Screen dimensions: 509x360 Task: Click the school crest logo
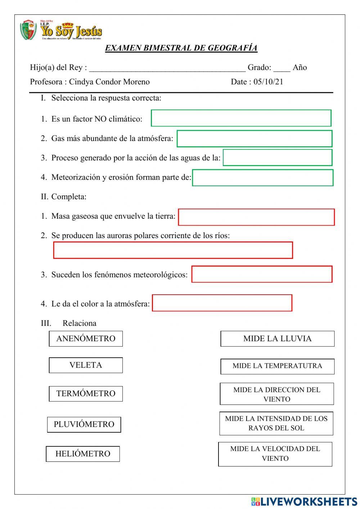28,30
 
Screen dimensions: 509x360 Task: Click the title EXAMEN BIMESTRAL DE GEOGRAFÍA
181,48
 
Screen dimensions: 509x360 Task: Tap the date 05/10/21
268,82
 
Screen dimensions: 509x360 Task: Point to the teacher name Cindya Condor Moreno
109,82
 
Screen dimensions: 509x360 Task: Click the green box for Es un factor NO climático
241,118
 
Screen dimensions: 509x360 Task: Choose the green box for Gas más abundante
254,139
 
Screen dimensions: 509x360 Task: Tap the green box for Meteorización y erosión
262,178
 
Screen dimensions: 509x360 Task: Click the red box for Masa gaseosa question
256,217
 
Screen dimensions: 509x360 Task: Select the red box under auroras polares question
173,250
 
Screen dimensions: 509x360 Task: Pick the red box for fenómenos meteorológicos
262,274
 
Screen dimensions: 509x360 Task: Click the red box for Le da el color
222,303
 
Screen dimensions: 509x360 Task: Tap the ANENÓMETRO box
86,339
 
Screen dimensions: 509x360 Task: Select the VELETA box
86,365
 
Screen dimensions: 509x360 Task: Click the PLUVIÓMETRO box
84,424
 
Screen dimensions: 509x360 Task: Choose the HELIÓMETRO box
83,454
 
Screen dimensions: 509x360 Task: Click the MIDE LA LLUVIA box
277,339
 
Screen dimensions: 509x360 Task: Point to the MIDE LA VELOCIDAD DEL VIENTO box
275,454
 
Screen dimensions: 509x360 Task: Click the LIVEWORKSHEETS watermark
304,501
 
